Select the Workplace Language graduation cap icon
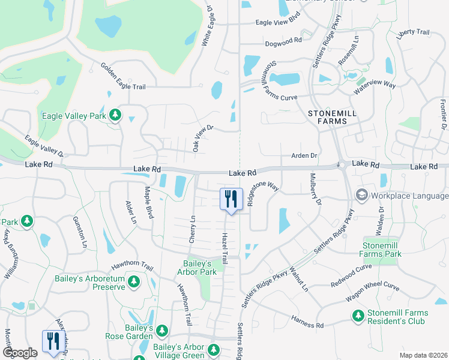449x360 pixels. [x=362, y=196]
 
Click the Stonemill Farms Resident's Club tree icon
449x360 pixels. [x=358, y=316]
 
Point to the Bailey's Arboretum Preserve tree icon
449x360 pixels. [x=134, y=281]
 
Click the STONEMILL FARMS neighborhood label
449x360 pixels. [x=327, y=116]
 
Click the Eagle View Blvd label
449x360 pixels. [x=277, y=22]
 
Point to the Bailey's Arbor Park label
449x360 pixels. [x=199, y=268]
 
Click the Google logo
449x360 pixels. [x=20, y=352]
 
